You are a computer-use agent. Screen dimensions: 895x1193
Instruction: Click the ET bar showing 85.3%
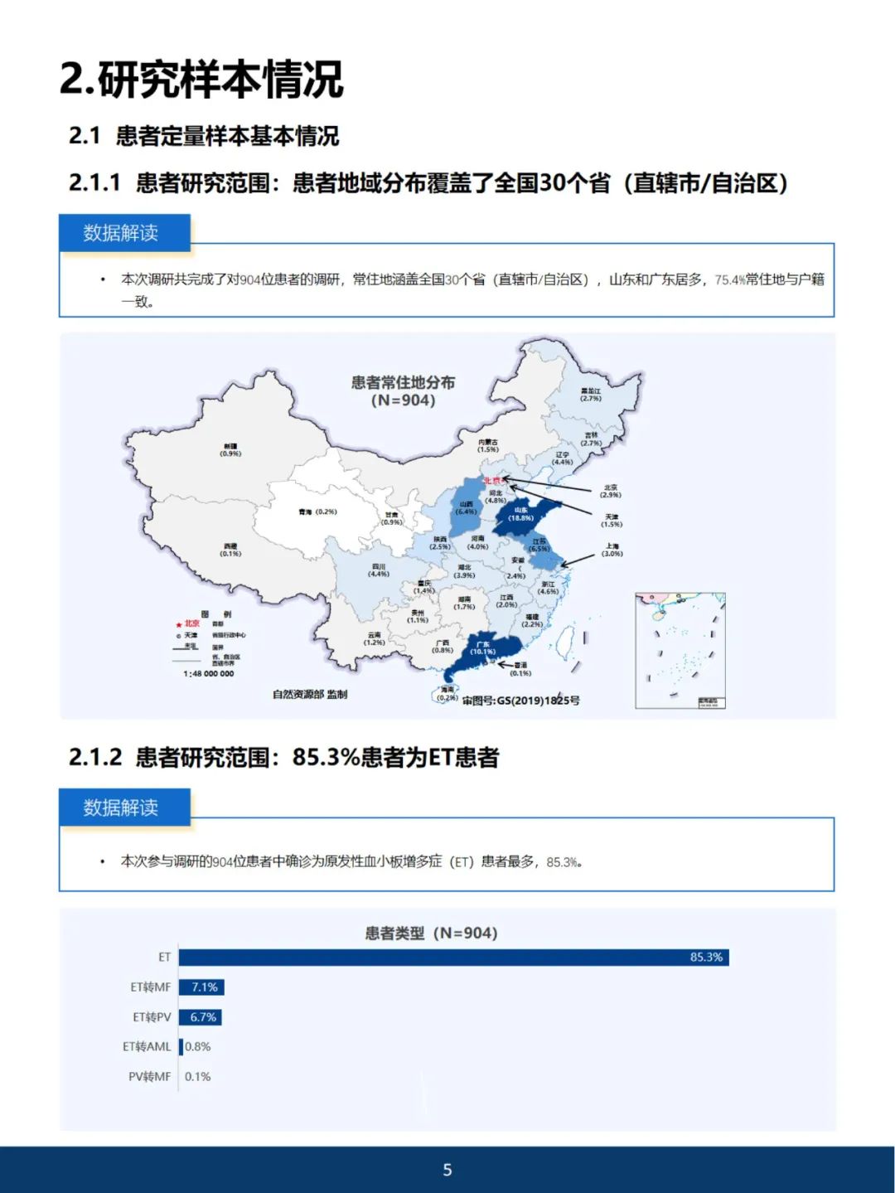[x=453, y=958]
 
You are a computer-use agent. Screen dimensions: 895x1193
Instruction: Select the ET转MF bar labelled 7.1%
[x=201, y=987]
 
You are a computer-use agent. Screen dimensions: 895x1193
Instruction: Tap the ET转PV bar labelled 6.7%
[x=200, y=1017]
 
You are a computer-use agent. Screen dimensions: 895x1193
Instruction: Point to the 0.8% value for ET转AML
[x=198, y=1047]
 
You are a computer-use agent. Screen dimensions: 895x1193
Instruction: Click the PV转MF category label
[x=149, y=1077]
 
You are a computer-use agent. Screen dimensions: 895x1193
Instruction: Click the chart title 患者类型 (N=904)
[x=431, y=934]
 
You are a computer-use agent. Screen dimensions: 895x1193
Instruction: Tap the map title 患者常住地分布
[x=403, y=382]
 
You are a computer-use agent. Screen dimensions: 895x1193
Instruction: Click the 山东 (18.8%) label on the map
[x=520, y=514]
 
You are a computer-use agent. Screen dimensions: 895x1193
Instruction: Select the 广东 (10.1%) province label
[x=482, y=647]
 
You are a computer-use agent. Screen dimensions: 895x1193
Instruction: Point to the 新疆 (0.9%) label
[x=230, y=450]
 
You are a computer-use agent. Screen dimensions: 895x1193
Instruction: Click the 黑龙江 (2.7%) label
[x=590, y=395]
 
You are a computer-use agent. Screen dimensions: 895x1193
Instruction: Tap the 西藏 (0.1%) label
[x=230, y=550]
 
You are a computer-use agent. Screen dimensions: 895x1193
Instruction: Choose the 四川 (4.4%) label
[x=379, y=570]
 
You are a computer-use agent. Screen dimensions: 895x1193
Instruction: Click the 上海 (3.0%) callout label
[x=612, y=550]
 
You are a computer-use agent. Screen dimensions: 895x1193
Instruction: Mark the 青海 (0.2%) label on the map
[x=317, y=512]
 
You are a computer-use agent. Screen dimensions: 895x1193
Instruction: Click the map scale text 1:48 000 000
[x=209, y=674]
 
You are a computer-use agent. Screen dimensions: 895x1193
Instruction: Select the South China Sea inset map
[x=680, y=651]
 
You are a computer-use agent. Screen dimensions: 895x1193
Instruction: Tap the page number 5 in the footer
[x=447, y=1170]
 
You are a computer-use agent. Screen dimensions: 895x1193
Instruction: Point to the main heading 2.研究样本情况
[x=201, y=80]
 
